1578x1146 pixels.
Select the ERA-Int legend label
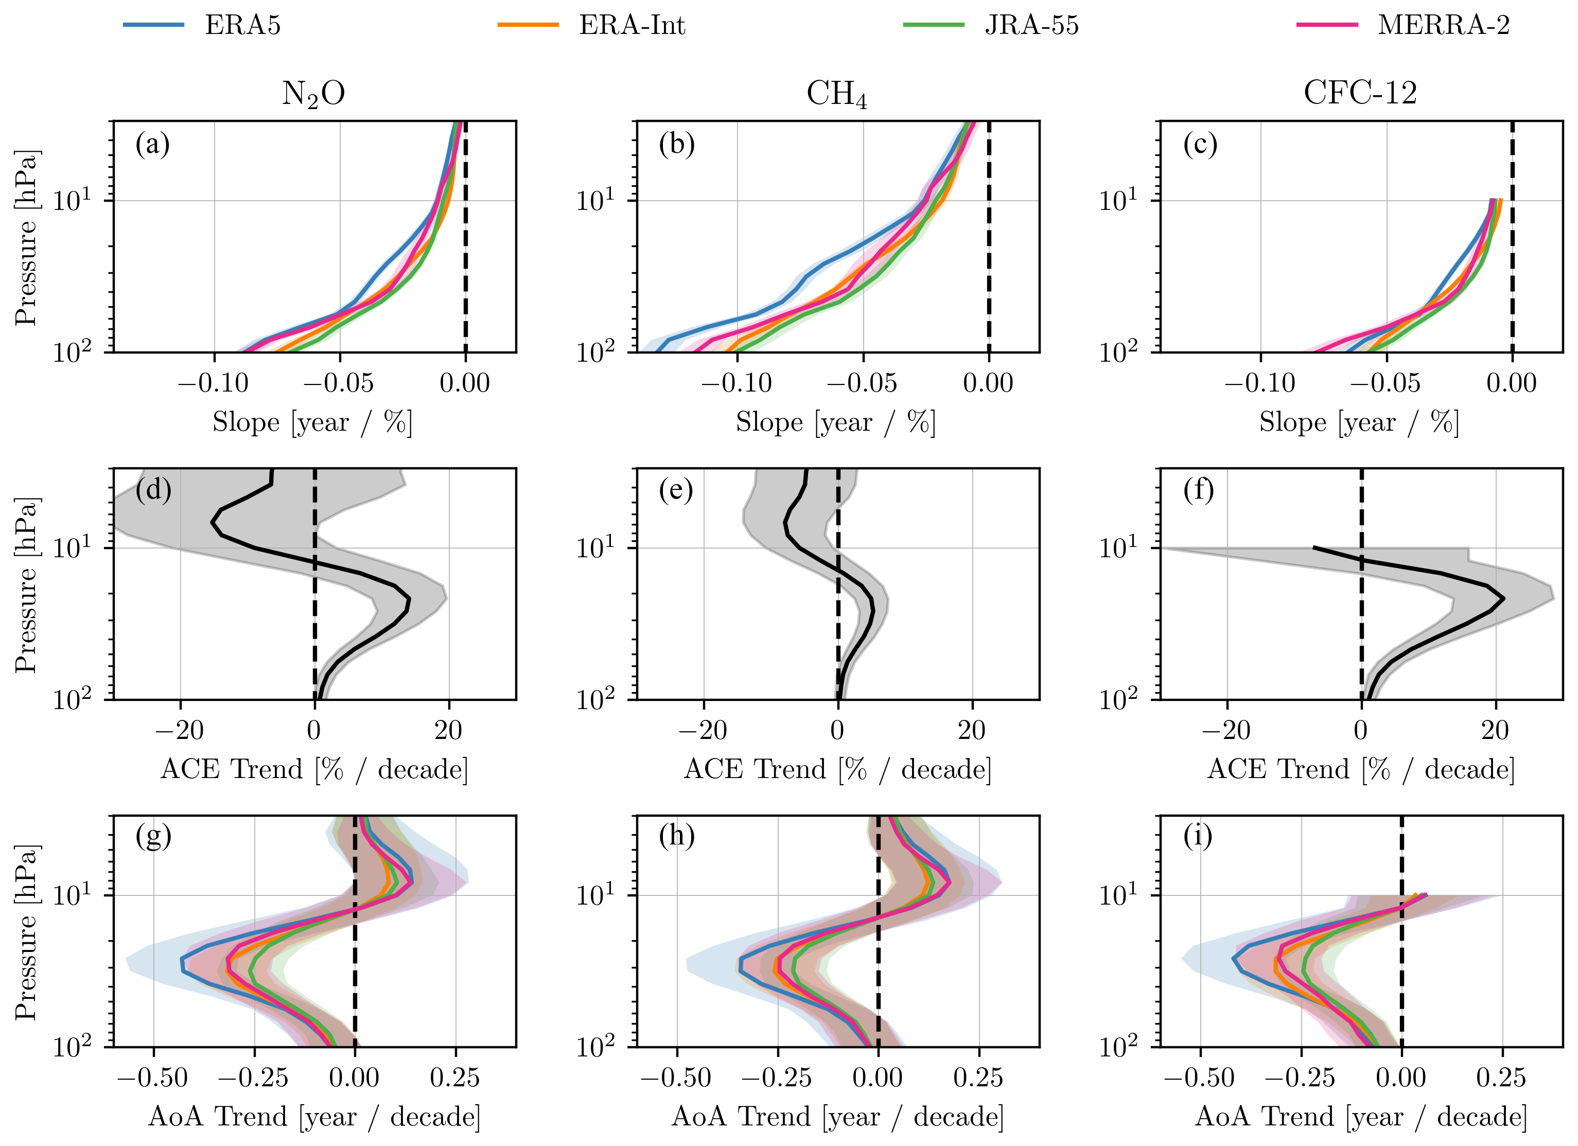click(632, 26)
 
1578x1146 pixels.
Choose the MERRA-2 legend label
click(1444, 26)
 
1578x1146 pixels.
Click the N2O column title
click(313, 94)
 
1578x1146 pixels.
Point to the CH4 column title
click(836, 94)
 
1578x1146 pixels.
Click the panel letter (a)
click(152, 144)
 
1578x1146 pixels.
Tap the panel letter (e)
click(676, 490)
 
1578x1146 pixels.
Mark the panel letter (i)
click(1198, 836)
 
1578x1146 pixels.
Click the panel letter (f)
click(1198, 490)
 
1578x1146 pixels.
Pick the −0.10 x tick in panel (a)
click(213, 383)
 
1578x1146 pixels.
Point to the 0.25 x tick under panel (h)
click(978, 1078)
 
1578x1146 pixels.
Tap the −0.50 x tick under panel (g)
click(152, 1078)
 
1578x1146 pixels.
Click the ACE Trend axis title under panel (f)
click(1360, 769)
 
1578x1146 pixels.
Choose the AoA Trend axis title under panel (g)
click(314, 1117)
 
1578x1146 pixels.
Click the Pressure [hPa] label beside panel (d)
click(26, 585)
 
